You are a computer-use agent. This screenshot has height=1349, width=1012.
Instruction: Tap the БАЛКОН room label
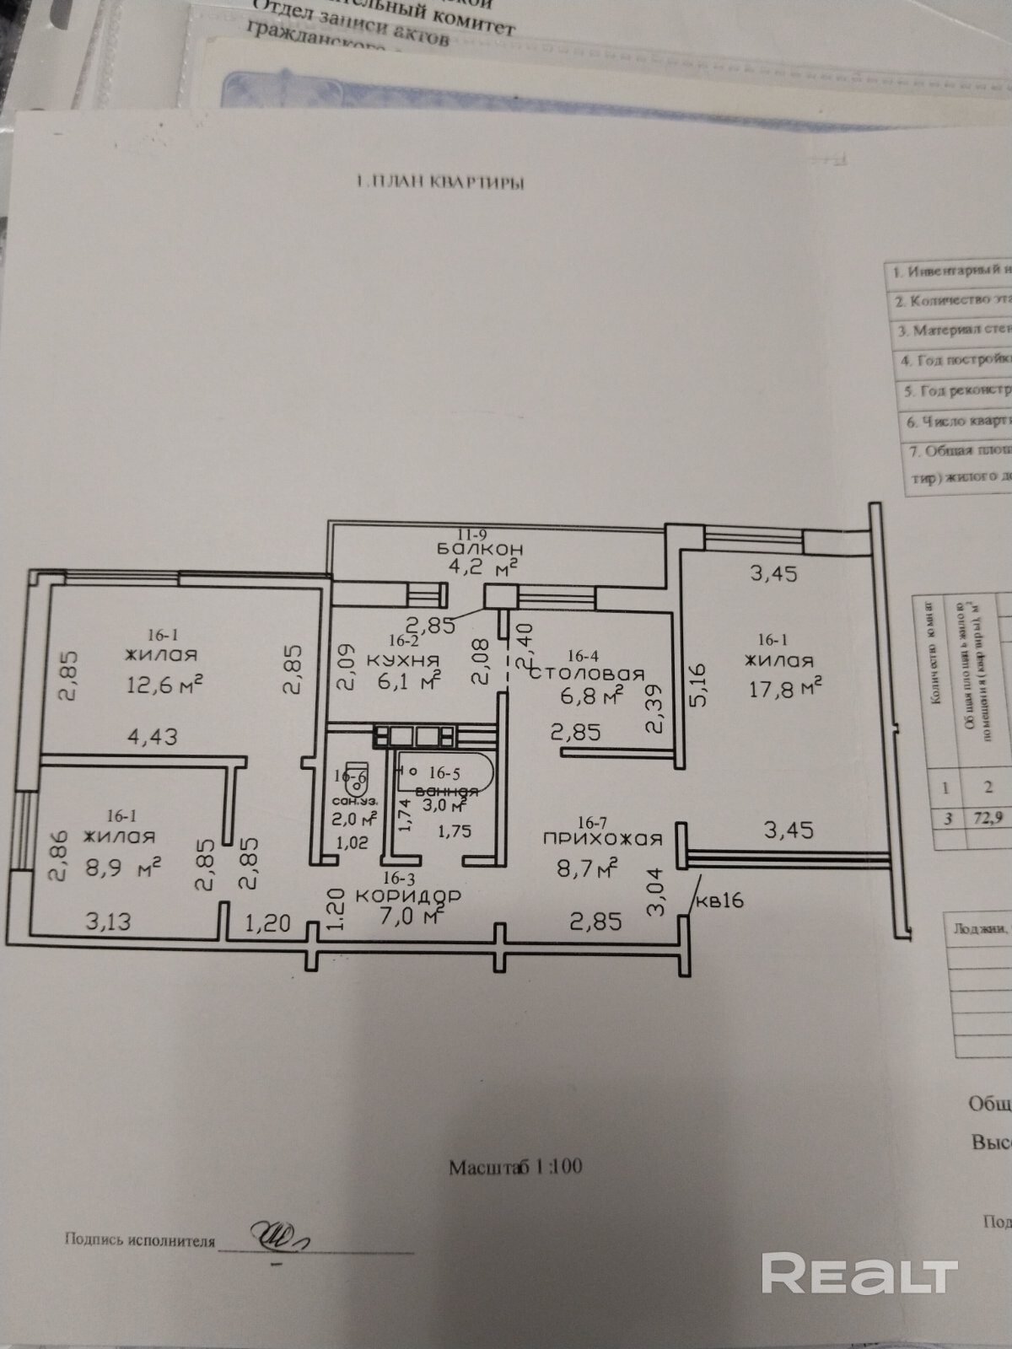(476, 548)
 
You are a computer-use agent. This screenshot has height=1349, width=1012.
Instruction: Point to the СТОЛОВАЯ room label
(587, 674)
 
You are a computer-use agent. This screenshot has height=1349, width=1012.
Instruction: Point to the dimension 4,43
(152, 737)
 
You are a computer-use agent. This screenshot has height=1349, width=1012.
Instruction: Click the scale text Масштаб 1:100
(515, 1167)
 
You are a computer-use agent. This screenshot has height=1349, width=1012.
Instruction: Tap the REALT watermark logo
(859, 1273)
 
